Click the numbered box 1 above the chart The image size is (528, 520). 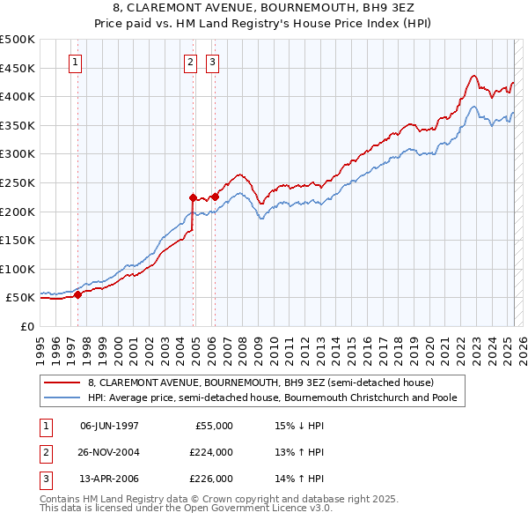coord(75,63)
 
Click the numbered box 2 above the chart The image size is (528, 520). coord(190,63)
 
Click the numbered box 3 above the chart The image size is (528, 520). coord(213,63)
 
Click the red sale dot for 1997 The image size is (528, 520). coord(77,295)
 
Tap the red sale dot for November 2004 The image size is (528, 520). coord(193,197)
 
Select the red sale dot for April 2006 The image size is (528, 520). coord(215,197)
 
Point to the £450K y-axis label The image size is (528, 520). coord(18,68)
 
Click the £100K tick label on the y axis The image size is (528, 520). coord(18,269)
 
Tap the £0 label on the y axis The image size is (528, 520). coord(26,326)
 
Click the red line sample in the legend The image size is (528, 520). coord(62,383)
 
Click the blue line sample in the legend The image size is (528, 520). coord(62,397)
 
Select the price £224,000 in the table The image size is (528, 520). coord(213,452)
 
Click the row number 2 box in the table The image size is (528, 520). coord(44,452)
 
